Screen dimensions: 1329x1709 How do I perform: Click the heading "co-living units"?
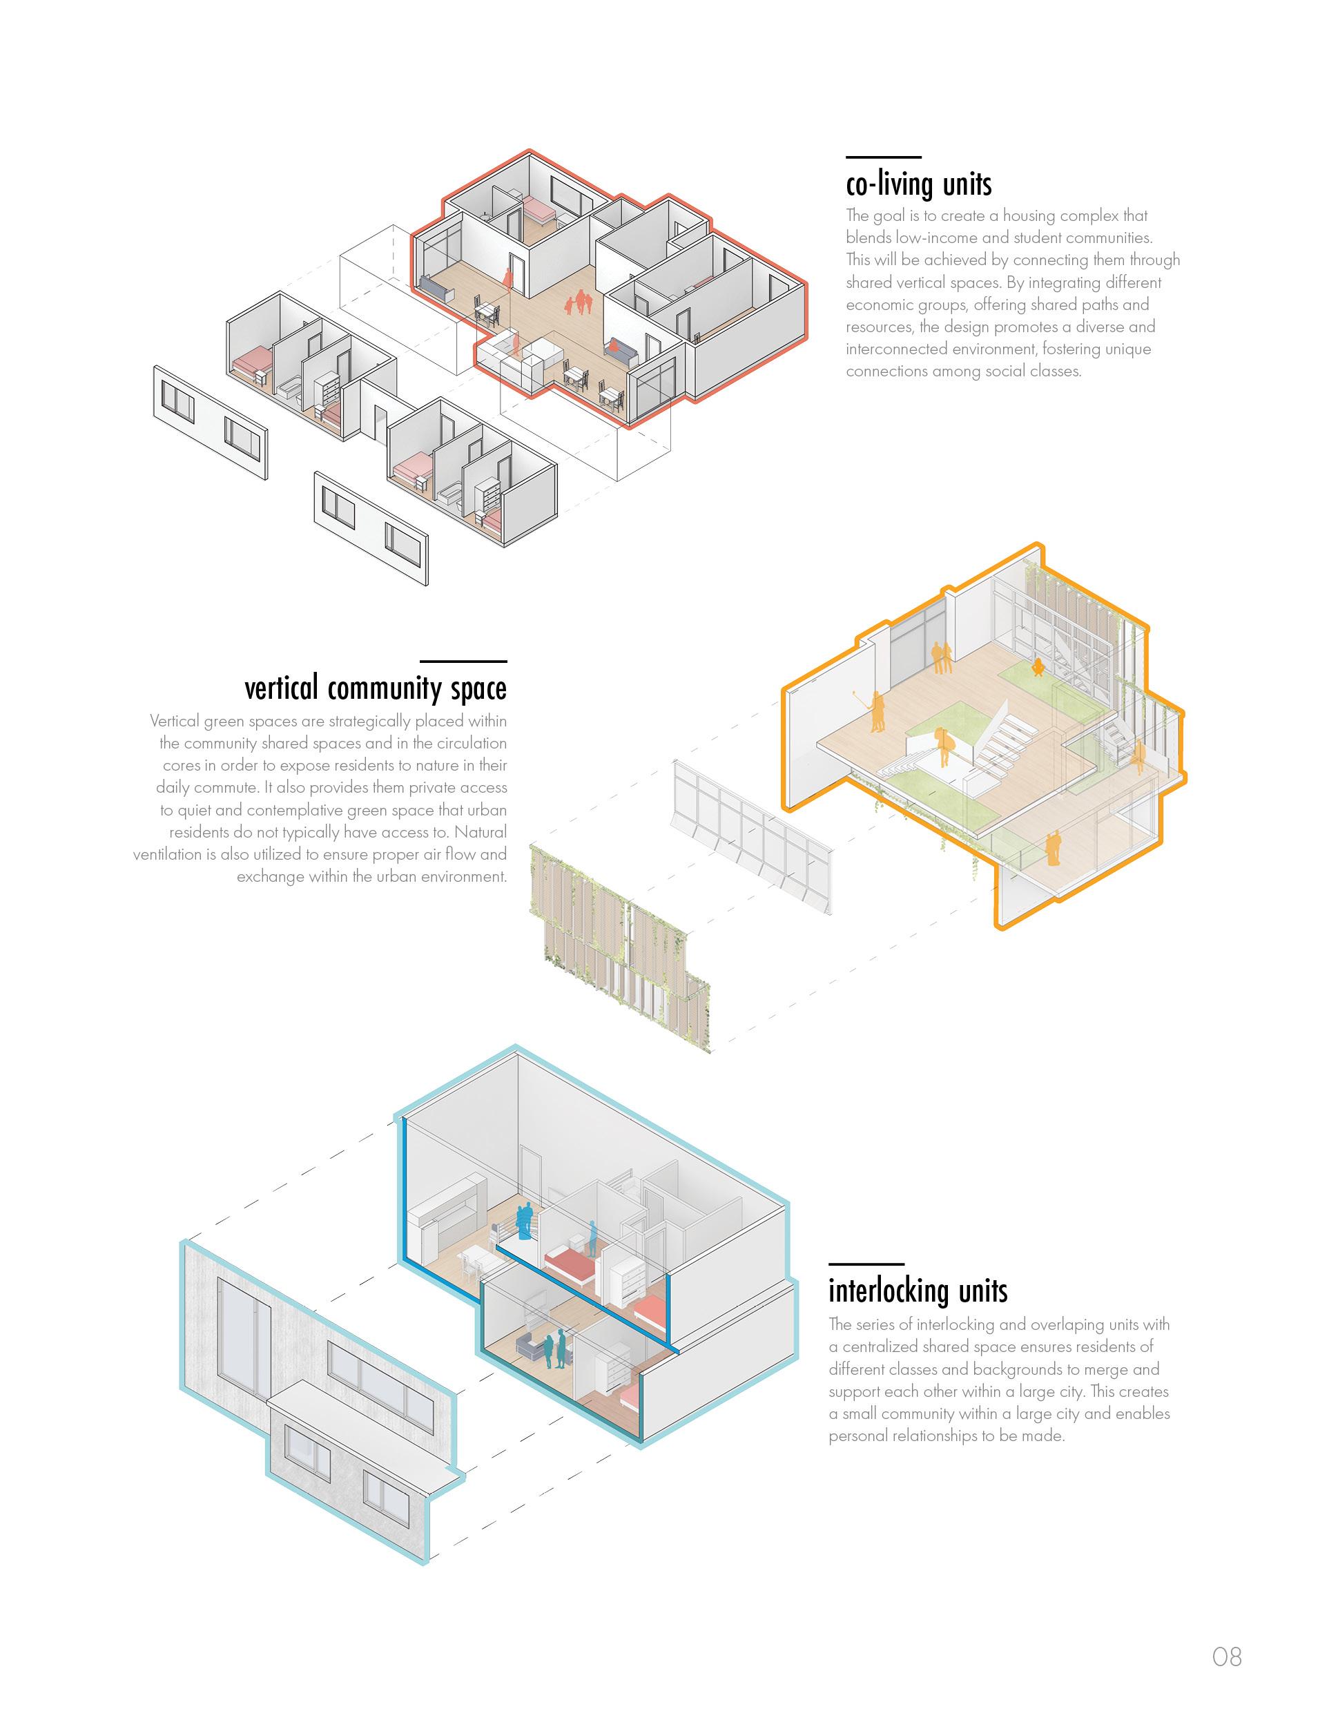click(x=918, y=184)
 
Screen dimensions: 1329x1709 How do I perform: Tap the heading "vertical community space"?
click(x=376, y=688)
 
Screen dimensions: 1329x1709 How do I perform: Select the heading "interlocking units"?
click(x=918, y=1291)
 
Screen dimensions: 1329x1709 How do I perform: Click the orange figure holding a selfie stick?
click(x=876, y=711)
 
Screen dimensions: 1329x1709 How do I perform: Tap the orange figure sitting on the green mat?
click(x=1038, y=668)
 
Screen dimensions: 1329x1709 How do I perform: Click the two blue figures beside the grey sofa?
click(x=554, y=1350)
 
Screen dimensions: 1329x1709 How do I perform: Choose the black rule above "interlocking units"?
click(x=866, y=1263)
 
